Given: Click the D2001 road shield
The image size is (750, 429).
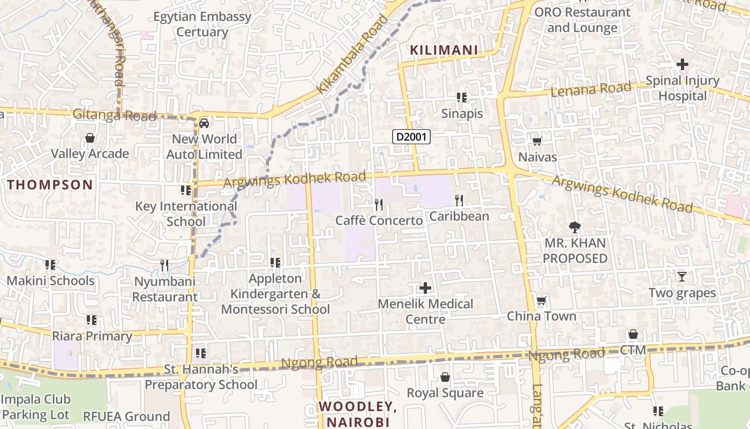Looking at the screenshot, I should [x=411, y=137].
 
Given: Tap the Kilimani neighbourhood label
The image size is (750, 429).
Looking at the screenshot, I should [x=444, y=50].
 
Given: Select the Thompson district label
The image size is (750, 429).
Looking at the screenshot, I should [x=50, y=185].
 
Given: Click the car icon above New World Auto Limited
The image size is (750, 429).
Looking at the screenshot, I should [x=204, y=123].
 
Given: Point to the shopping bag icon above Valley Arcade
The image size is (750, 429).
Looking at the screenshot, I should [x=90, y=138].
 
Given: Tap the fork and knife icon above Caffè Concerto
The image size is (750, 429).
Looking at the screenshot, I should [x=379, y=204].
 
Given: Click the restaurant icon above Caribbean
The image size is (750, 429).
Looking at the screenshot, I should [x=459, y=201].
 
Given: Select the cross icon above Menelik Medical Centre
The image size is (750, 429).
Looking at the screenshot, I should [x=425, y=288].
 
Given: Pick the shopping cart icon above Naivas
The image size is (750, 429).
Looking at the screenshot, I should [x=537, y=141].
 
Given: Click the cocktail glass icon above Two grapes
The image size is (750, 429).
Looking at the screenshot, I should [x=681, y=277].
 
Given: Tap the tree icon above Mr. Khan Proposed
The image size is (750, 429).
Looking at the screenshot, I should [x=575, y=227].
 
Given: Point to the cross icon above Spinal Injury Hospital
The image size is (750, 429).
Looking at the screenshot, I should [x=682, y=65].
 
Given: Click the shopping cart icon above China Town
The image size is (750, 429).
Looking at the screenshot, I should [x=541, y=300].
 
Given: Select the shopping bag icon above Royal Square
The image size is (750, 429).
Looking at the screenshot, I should [x=445, y=377].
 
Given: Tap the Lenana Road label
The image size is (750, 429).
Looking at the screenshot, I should [x=591, y=89].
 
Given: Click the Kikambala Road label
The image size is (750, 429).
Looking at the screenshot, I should [x=352, y=54].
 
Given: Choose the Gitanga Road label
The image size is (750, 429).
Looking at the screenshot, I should [x=114, y=115].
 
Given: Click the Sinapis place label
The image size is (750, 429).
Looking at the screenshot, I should [x=462, y=114].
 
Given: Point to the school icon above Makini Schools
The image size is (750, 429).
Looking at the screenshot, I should [x=50, y=265].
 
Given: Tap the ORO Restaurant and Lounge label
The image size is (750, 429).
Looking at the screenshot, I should [x=582, y=20].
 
